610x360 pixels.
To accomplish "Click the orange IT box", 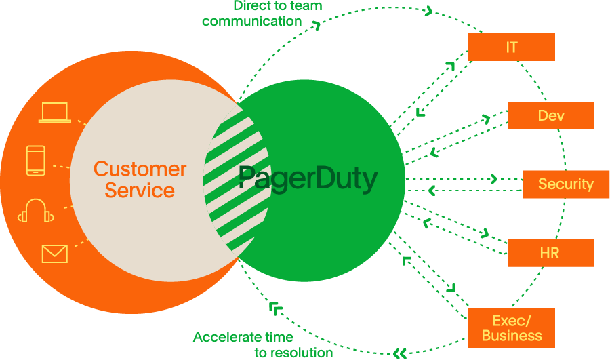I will point(512,47).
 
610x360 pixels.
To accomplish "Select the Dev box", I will point(550,116).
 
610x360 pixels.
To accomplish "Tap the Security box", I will point(565,184).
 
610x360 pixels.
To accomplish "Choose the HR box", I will point(550,253).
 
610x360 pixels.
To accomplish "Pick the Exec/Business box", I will point(512,327).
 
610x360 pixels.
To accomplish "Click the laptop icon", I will point(54,113).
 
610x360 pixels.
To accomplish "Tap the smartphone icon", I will point(36,161).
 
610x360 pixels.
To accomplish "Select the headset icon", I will point(36,211).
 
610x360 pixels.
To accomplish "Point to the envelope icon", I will point(54,254).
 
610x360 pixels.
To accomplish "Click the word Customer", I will point(140,169).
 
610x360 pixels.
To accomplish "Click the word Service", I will point(140,191).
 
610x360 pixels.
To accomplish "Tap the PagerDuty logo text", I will point(308,180).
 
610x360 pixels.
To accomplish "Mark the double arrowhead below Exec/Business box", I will point(400,353).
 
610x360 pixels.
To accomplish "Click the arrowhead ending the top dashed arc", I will point(428,10).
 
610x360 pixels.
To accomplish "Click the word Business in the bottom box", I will point(512,336).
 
